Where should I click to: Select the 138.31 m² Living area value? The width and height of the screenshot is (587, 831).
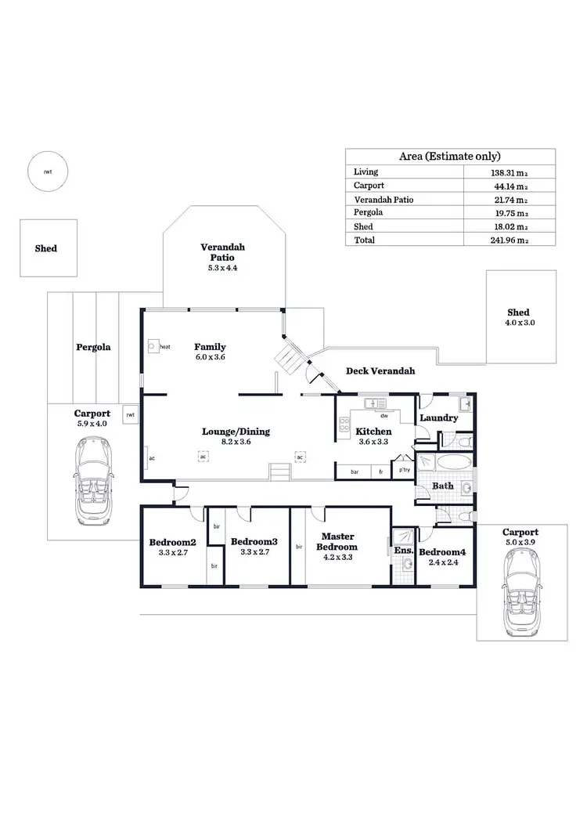click(x=509, y=172)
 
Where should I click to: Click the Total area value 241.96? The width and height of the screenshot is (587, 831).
click(x=509, y=240)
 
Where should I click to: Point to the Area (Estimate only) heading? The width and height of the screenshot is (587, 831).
click(x=450, y=157)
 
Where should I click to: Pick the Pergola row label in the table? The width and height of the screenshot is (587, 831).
click(x=368, y=213)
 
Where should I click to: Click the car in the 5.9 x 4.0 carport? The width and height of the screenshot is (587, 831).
click(x=93, y=480)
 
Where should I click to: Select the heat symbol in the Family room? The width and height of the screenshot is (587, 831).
click(x=153, y=345)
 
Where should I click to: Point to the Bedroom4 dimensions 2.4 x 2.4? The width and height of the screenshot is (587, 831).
click(x=442, y=562)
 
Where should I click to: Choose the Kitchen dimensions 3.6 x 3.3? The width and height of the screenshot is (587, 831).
click(x=373, y=442)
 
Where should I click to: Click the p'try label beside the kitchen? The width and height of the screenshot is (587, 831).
click(x=405, y=470)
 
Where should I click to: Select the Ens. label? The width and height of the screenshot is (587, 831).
click(x=403, y=551)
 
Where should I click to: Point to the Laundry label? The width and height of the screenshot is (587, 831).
click(x=438, y=418)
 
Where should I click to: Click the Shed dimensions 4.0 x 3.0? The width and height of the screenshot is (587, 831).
click(x=519, y=323)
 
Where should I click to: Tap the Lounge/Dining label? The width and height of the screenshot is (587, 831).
click(x=226, y=431)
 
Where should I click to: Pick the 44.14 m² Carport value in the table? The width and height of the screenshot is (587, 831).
click(x=509, y=186)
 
